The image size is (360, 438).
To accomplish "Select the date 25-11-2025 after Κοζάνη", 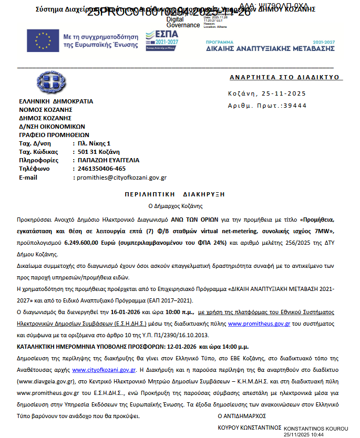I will [x=284, y=94].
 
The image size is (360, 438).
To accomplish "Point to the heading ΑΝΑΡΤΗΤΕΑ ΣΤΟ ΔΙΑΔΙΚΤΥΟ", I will [x=286, y=78].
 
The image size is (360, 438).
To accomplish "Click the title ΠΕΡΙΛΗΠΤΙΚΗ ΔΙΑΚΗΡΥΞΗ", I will [x=182, y=194].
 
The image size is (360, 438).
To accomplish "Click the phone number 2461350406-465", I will [x=99, y=169].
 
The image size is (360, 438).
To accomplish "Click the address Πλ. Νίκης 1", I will [x=94, y=143].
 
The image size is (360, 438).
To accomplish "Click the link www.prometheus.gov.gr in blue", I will [x=259, y=324].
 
